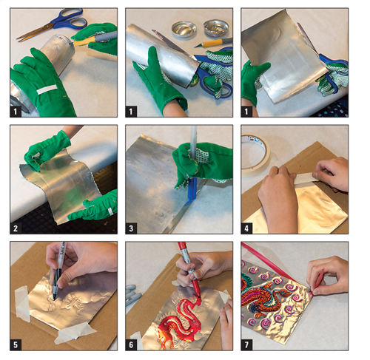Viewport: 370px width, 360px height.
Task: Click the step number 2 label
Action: coord(16,228)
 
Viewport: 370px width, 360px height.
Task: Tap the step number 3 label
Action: coord(131,228)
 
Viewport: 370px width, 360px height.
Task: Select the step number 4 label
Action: coord(246,228)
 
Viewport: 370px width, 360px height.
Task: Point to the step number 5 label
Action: coord(16,344)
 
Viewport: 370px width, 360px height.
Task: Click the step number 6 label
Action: coord(131,344)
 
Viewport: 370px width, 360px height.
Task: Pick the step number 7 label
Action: coord(246,344)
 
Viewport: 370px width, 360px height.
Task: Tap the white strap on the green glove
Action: coord(47,89)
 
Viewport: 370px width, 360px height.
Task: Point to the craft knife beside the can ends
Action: coord(213,42)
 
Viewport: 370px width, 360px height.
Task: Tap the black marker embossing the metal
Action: coord(59,268)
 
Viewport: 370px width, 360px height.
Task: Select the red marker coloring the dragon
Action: coord(189,268)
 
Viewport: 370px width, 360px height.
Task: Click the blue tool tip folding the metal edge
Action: coord(192,190)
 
